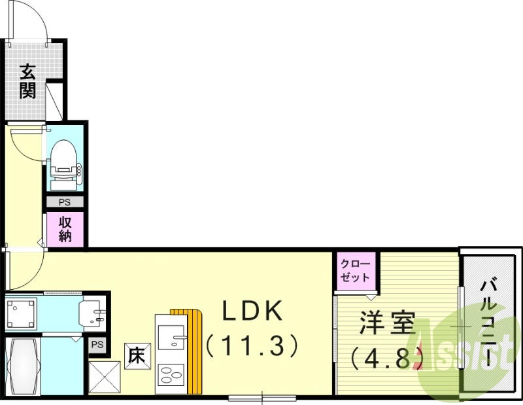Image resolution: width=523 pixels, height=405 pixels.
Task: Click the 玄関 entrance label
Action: click(27, 80)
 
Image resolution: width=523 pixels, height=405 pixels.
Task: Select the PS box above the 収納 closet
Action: click(65, 203)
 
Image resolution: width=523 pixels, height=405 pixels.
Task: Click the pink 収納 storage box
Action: click(65, 230)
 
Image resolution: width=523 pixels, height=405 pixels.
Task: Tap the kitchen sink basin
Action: click(171, 338)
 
